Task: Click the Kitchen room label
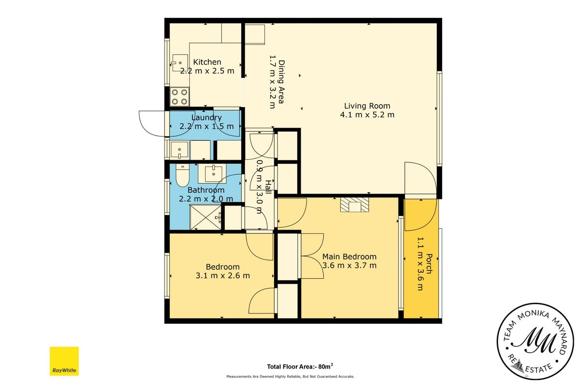(x=207, y=62)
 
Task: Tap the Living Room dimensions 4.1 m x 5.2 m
(x=367, y=115)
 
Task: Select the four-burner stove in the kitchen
(x=180, y=97)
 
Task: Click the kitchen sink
(x=180, y=63)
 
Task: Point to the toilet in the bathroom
(x=183, y=175)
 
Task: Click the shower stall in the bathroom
(x=205, y=217)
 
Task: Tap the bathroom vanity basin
(x=213, y=173)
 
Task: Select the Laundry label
(x=206, y=118)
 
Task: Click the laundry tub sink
(x=180, y=150)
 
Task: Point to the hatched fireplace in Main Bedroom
(x=354, y=205)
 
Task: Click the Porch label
(x=429, y=264)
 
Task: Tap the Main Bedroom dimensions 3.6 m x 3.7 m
(x=349, y=266)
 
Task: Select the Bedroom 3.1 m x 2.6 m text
(x=223, y=271)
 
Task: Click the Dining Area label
(x=281, y=82)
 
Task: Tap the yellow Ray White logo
(x=64, y=361)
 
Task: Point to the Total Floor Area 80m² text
(x=300, y=366)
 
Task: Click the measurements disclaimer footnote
(x=290, y=376)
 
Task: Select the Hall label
(x=268, y=187)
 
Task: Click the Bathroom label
(x=206, y=190)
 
